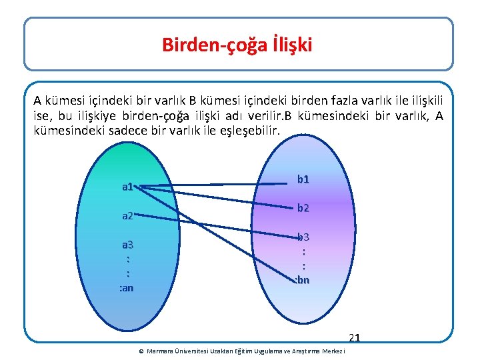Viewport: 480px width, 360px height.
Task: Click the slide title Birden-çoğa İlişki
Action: pos(237,45)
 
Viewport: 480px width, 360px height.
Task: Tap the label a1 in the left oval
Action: pos(128,187)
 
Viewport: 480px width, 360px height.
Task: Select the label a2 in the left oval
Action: pos(128,216)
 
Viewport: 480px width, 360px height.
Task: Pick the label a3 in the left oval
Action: pos(127,245)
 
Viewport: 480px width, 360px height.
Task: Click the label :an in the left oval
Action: pos(126,288)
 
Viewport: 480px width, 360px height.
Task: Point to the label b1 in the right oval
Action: pos(303,179)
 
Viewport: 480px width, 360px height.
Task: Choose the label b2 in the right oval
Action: pos(303,208)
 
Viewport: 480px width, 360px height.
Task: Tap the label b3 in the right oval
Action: pos(303,237)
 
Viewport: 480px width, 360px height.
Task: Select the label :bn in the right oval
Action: pos(302,280)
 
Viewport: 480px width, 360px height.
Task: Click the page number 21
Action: pos(354,338)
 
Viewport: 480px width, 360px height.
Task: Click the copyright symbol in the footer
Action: pos(141,351)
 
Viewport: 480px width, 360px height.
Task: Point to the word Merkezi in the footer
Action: pos(333,351)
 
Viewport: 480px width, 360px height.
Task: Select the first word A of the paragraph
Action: pos(38,101)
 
